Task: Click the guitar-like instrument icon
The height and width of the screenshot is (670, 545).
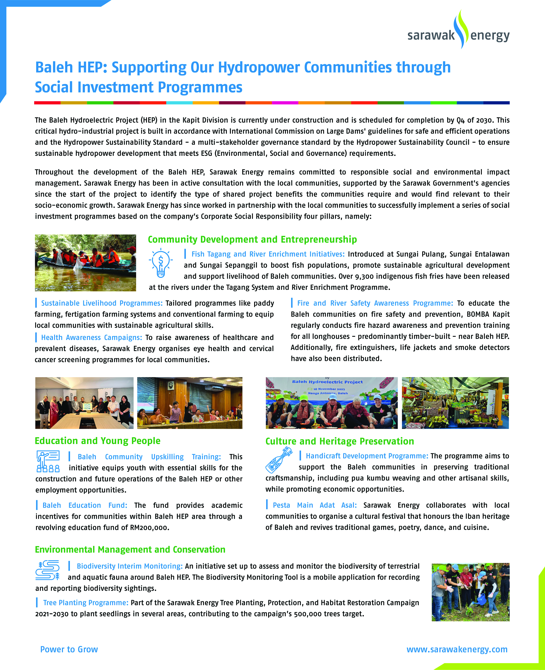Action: [x=278, y=460]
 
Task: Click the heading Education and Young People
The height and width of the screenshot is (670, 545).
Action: [x=98, y=441]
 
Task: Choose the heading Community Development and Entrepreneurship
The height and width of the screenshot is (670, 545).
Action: [x=252, y=239]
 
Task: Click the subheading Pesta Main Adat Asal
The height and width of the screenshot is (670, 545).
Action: [x=315, y=505]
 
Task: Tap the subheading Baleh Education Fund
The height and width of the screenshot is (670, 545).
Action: [x=85, y=505]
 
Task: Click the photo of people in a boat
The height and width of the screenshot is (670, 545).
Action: [x=85, y=263]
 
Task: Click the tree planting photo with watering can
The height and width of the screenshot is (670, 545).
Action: [x=470, y=592]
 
